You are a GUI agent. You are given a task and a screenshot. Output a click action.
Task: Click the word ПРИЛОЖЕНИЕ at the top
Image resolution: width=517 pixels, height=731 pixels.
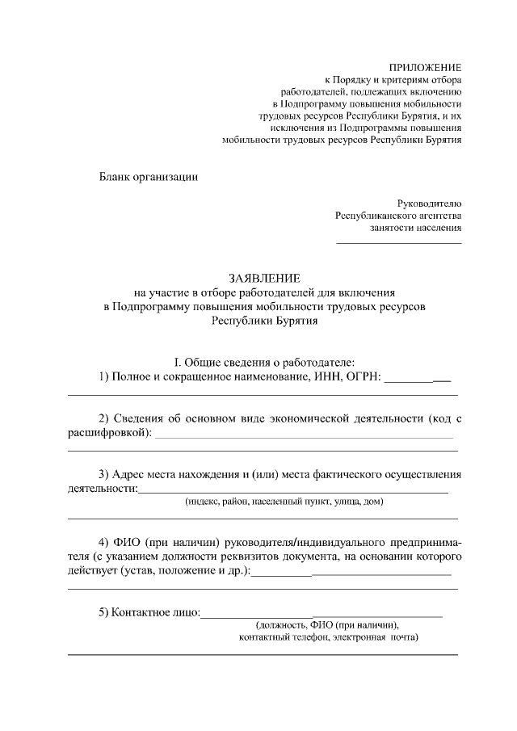pos(426,66)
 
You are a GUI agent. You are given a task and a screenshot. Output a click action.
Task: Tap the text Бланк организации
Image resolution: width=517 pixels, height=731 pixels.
pos(148,177)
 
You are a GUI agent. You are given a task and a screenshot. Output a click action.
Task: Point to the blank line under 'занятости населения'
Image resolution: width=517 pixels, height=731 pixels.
pos(399,242)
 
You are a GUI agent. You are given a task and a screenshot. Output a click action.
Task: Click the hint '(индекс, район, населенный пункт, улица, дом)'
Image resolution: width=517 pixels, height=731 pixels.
pos(284,502)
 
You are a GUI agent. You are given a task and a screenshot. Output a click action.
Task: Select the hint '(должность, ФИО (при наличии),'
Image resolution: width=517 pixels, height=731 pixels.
pos(326,625)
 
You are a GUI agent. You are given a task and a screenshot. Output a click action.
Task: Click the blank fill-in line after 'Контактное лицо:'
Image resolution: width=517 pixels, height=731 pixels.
pos(322,615)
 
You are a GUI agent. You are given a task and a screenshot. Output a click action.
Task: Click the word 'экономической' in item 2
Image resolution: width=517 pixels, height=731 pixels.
pos(313,418)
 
